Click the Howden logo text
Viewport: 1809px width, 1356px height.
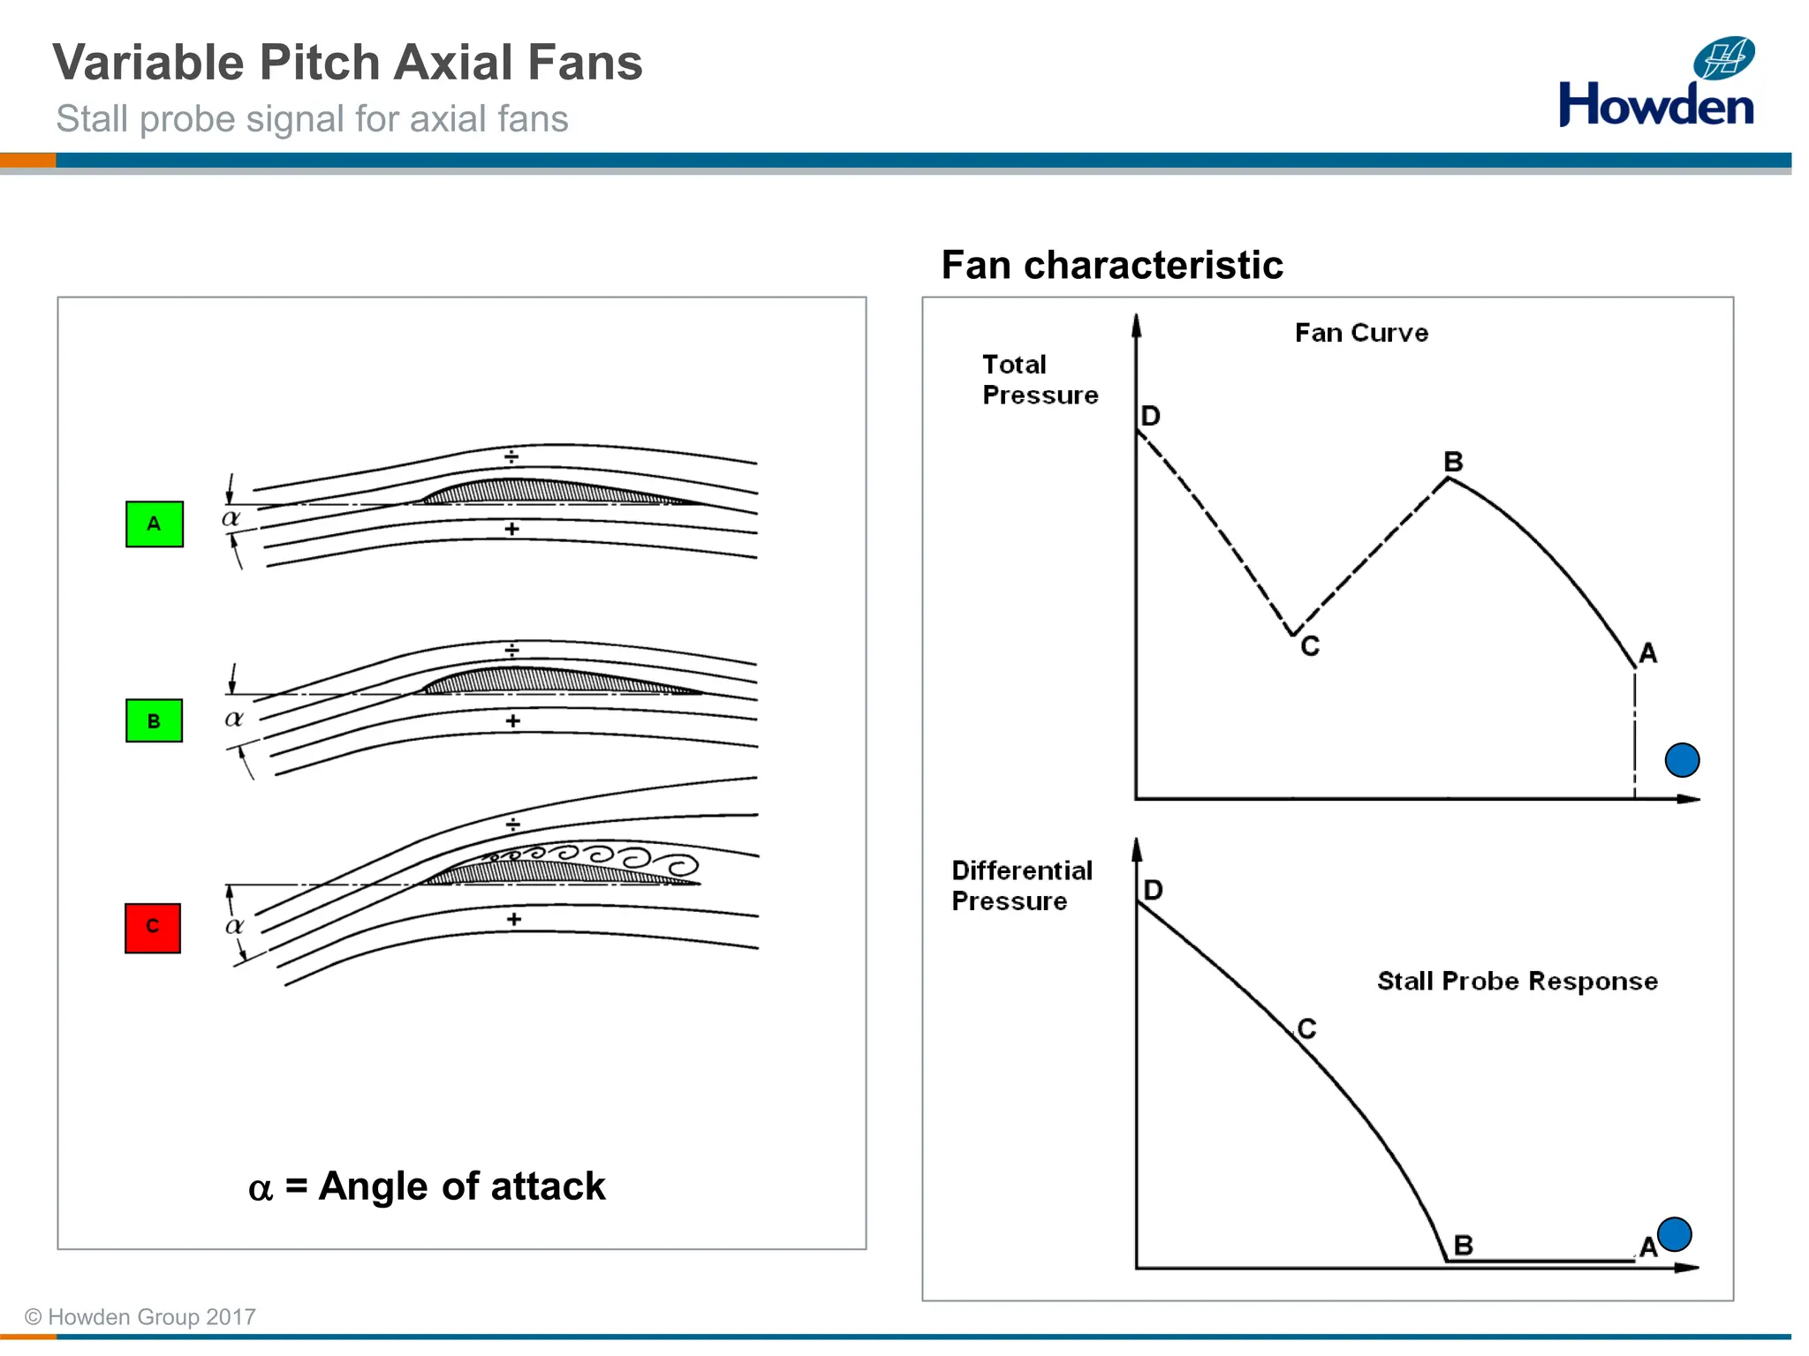[1655, 105]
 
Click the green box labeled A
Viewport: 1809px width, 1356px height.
[155, 524]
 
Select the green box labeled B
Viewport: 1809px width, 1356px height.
[154, 720]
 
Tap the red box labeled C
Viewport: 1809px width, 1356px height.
[153, 928]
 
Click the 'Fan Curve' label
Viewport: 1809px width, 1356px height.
[1361, 333]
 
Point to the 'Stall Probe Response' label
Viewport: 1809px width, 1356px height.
[1517, 981]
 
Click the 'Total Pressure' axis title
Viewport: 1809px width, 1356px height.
[1040, 380]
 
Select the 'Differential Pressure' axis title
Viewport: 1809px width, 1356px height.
[1021, 885]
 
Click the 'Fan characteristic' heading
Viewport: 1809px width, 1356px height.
[1111, 265]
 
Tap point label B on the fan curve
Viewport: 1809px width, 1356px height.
[1453, 462]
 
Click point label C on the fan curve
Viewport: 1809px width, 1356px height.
[1310, 647]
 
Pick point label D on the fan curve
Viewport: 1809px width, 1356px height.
[1150, 416]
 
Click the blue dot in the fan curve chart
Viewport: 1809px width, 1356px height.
[1682, 760]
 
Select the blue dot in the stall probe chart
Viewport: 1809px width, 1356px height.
[1674, 1234]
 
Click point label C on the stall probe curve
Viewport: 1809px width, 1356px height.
[1307, 1028]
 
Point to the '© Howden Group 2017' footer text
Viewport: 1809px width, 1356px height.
[140, 1317]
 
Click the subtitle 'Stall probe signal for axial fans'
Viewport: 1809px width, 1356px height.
[312, 119]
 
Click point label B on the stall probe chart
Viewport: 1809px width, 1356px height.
[1464, 1246]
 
